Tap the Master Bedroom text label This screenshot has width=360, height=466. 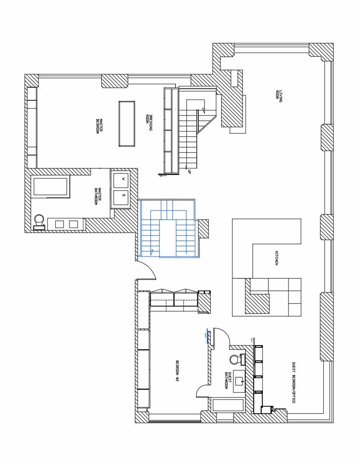[x=99, y=126]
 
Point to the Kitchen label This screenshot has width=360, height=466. [x=276, y=258]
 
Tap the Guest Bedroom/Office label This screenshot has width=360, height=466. [x=294, y=382]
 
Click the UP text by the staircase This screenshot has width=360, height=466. [x=189, y=172]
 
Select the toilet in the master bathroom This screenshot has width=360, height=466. [x=39, y=222]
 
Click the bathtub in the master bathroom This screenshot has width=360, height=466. [x=50, y=187]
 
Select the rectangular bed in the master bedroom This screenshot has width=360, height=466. [x=126, y=124]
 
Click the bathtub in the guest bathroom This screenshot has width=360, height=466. [x=228, y=405]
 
